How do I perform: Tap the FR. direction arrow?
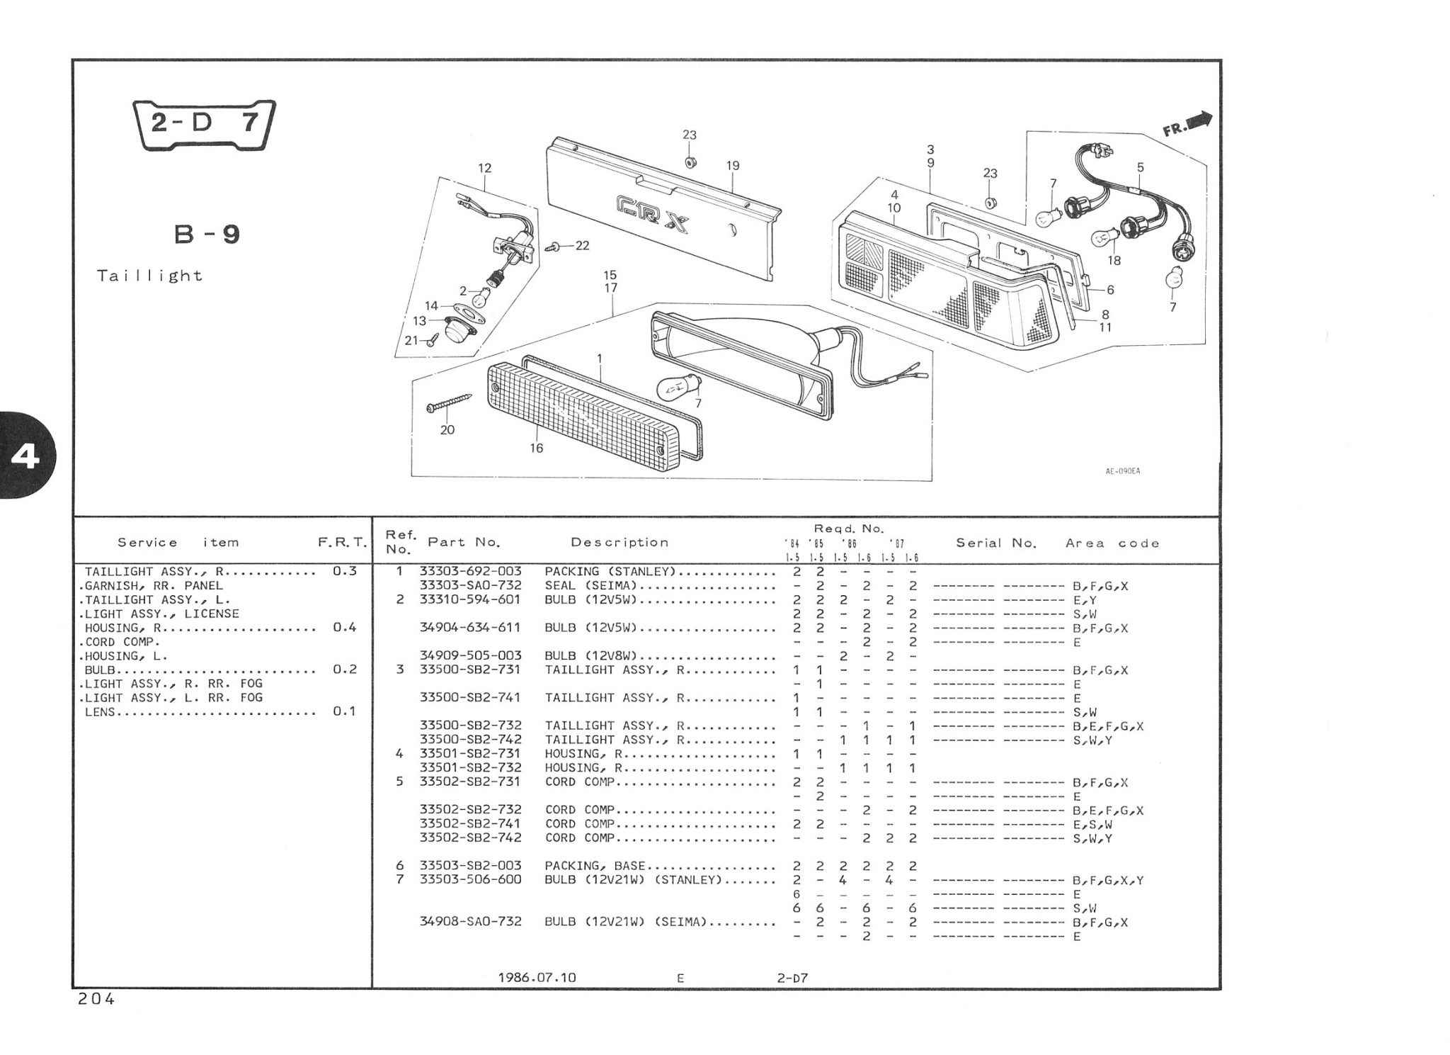(x=1188, y=125)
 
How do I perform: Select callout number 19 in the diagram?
(x=733, y=166)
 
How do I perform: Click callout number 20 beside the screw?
(x=447, y=430)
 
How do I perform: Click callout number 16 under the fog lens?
(x=537, y=448)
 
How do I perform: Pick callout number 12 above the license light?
(x=485, y=169)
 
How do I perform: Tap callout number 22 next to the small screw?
(x=582, y=246)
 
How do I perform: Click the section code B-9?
(x=207, y=235)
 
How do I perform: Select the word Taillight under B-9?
(x=150, y=276)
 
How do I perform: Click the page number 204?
(x=96, y=1000)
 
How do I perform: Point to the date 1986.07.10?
(x=537, y=978)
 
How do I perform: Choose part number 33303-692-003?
(x=471, y=572)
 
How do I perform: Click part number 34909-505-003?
(x=471, y=656)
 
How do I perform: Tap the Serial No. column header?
(x=996, y=543)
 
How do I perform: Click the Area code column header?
(x=1112, y=543)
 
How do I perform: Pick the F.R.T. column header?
(x=343, y=543)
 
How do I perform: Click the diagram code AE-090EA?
(x=1123, y=470)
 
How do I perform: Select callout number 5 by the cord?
(x=1140, y=168)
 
